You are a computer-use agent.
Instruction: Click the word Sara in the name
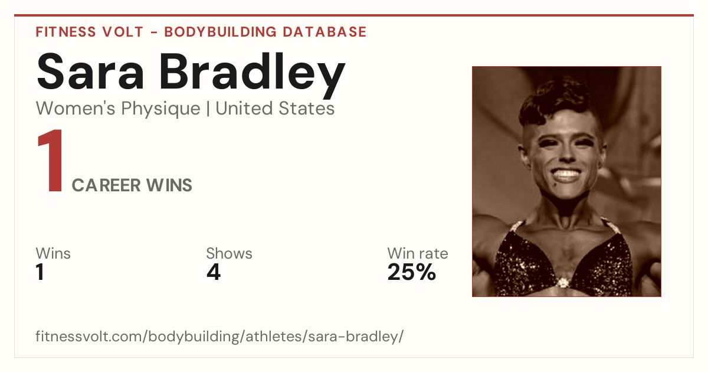pyautogui.click(x=90, y=72)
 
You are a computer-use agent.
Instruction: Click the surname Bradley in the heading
pyautogui.click(x=252, y=76)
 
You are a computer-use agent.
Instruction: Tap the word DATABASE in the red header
pyautogui.click(x=324, y=32)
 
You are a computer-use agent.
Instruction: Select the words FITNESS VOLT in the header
pyautogui.click(x=90, y=32)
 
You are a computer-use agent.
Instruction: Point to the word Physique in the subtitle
pyautogui.click(x=161, y=109)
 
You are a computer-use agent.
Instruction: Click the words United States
pyautogui.click(x=275, y=108)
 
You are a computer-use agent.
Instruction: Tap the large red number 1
pyautogui.click(x=51, y=160)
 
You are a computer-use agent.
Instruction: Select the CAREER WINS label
pyautogui.click(x=132, y=185)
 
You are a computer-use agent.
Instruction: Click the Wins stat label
pyautogui.click(x=53, y=253)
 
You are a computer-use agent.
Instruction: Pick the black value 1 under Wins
pyautogui.click(x=40, y=272)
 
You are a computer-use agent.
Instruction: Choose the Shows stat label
pyautogui.click(x=229, y=253)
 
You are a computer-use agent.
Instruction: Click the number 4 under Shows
pyautogui.click(x=214, y=272)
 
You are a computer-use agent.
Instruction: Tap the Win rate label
pyautogui.click(x=418, y=253)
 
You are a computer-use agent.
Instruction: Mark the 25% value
pyautogui.click(x=412, y=272)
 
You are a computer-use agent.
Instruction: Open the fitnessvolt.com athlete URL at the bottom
pyautogui.click(x=219, y=336)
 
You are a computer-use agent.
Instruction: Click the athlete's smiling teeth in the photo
pyautogui.click(x=566, y=174)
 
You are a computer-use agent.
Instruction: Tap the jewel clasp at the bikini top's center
pyautogui.click(x=563, y=282)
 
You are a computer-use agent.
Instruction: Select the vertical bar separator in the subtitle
pyautogui.click(x=208, y=109)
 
